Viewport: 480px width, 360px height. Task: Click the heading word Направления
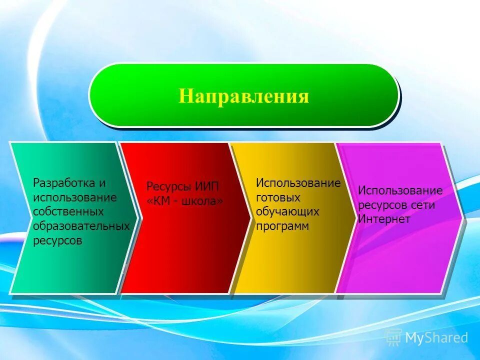(x=244, y=95)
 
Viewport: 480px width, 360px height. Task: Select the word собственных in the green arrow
(x=68, y=212)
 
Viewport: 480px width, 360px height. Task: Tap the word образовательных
(x=81, y=226)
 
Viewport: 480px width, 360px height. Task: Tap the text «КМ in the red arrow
(x=158, y=201)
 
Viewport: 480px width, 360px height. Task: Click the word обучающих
(x=287, y=212)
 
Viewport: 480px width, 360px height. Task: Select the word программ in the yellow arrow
(x=282, y=226)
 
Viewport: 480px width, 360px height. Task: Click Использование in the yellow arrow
(x=298, y=183)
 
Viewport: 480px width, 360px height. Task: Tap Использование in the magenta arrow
(x=400, y=190)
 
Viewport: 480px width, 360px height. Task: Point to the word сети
(x=423, y=205)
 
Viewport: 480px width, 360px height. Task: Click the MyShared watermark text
(x=436, y=338)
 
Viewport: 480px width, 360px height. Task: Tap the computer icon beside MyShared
(x=393, y=338)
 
